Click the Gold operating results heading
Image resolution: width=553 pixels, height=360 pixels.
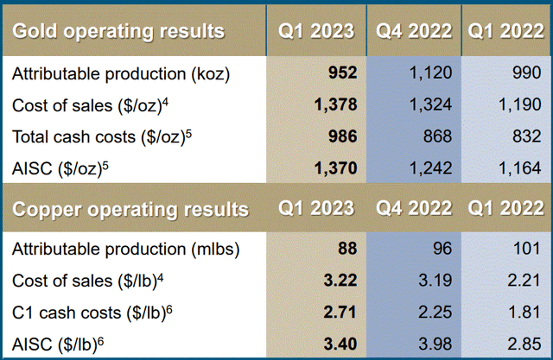pos(118,31)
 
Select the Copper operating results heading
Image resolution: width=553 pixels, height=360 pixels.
pos(130,209)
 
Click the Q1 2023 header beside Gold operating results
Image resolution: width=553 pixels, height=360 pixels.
pos(316,31)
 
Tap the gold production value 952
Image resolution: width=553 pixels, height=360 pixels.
pos(339,74)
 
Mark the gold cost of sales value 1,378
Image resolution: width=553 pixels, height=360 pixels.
pos(333,105)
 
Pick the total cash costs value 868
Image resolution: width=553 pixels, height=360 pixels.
pos(435,136)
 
